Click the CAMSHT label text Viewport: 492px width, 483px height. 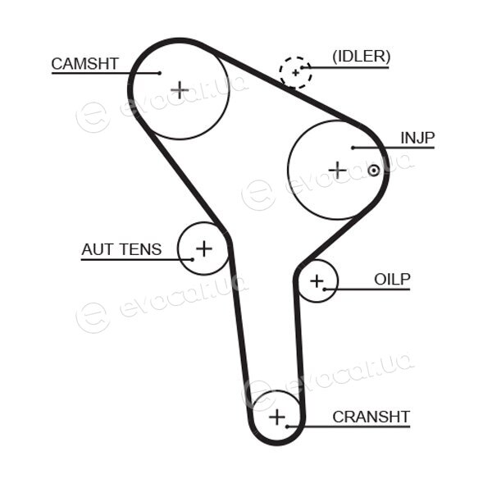pyautogui.click(x=84, y=64)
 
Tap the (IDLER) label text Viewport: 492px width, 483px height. pyautogui.click(x=361, y=57)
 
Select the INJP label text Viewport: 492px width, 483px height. pyautogui.click(x=417, y=138)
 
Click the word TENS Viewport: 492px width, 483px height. pyautogui.click(x=141, y=249)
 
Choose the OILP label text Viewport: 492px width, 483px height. pyautogui.click(x=392, y=280)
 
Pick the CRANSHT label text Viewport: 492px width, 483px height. pyautogui.click(x=371, y=417)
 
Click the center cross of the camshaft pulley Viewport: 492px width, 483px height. pyautogui.click(x=180, y=90)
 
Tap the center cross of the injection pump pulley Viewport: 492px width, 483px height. pyautogui.click(x=338, y=170)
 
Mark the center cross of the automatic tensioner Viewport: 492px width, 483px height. pyautogui.click(x=204, y=248)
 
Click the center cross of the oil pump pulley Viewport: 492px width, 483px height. pyautogui.click(x=317, y=281)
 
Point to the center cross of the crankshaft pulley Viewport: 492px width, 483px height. pyautogui.click(x=277, y=417)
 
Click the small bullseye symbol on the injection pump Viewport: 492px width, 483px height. pyautogui.click(x=373, y=171)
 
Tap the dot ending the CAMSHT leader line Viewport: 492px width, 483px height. pyautogui.click(x=160, y=73)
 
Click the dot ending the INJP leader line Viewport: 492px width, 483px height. pyautogui.click(x=353, y=148)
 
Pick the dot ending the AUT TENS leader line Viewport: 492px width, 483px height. pyautogui.click(x=193, y=260)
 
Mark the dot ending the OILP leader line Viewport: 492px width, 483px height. pyautogui.click(x=325, y=289)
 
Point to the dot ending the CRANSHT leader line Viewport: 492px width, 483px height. pyautogui.click(x=287, y=426)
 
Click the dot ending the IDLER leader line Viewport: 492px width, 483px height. pyautogui.click(x=302, y=67)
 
